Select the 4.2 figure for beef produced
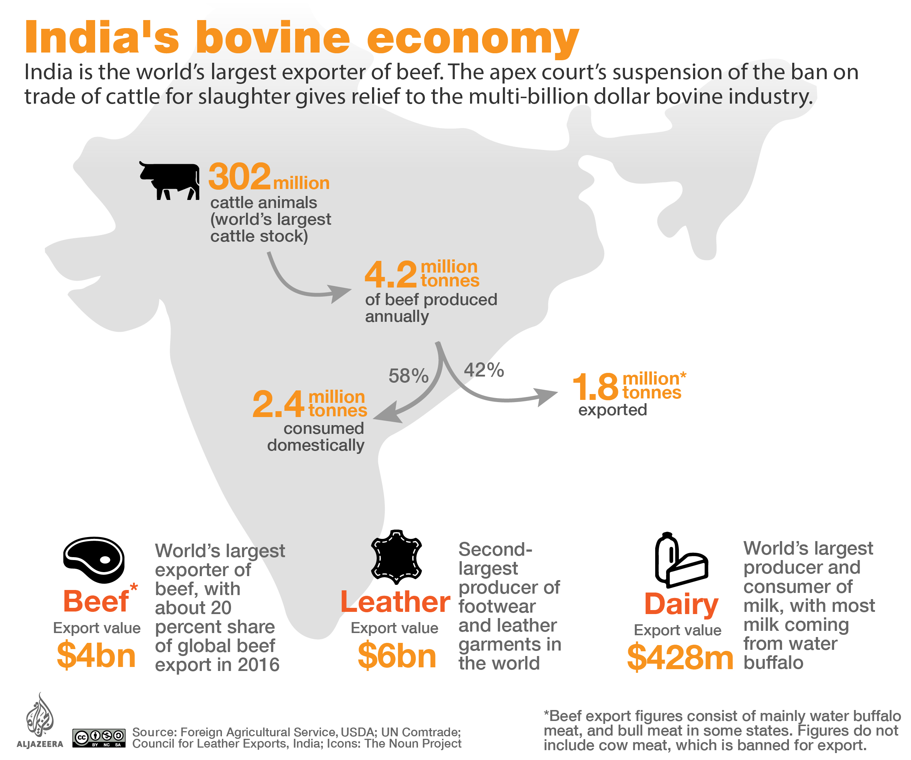[x=390, y=274]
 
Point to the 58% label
[x=408, y=376]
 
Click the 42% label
[x=484, y=370]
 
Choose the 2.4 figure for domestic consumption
[x=278, y=404]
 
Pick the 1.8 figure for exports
[x=595, y=386]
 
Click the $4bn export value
[x=96, y=655]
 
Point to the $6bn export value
[x=397, y=655]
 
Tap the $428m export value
[x=680, y=657]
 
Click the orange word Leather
[x=395, y=602]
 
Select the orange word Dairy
[x=681, y=604]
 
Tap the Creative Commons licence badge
[x=99, y=737]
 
